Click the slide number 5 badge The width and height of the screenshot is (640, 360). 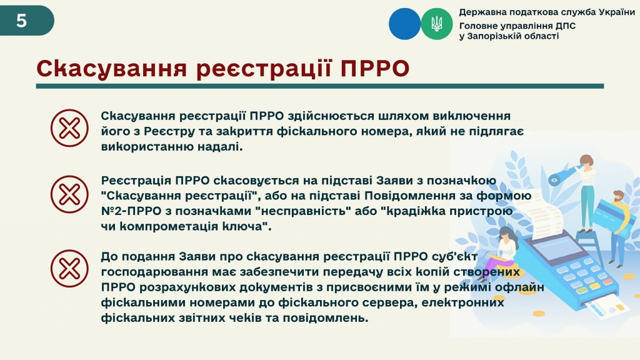click(x=26, y=21)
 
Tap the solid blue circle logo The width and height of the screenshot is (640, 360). click(x=404, y=24)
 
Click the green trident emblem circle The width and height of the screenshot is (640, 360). click(x=437, y=24)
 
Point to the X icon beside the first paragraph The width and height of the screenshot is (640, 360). click(x=69, y=128)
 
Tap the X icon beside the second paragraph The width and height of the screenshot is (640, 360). click(x=69, y=194)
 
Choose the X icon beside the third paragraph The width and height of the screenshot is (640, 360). click(x=69, y=269)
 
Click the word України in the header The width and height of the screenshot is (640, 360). click(x=617, y=12)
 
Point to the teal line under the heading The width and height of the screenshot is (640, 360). click(x=319, y=86)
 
